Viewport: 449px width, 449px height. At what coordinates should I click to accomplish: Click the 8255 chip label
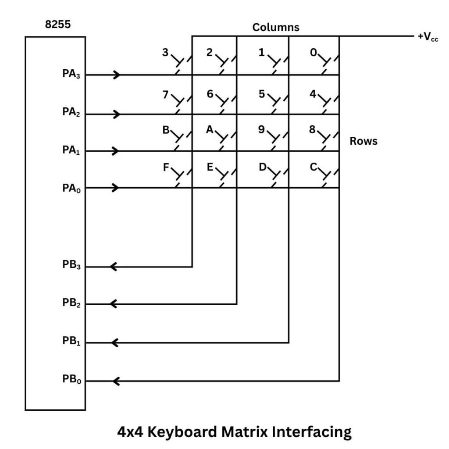coord(58,25)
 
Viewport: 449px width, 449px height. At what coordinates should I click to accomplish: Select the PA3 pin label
coord(71,75)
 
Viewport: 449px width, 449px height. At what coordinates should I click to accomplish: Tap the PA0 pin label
coord(71,188)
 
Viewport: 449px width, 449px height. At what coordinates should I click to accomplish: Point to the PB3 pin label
coord(71,267)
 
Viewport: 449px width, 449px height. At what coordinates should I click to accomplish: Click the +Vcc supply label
coord(428,37)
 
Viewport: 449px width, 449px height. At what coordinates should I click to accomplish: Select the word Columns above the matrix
coord(276,27)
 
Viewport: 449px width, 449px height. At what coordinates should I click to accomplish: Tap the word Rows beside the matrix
coord(363,141)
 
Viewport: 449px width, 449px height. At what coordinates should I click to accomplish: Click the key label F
coord(165,167)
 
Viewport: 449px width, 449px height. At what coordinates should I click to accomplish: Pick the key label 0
coord(313,53)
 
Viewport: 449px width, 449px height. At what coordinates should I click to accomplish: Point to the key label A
coord(209,130)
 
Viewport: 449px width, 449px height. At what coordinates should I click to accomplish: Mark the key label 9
coord(262,130)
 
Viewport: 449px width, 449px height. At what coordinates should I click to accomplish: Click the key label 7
coord(165,93)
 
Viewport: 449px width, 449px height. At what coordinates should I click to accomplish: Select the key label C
coord(313,167)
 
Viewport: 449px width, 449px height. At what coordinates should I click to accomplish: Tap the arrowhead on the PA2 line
coord(117,114)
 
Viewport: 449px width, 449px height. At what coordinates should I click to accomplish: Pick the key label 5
coord(262,93)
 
